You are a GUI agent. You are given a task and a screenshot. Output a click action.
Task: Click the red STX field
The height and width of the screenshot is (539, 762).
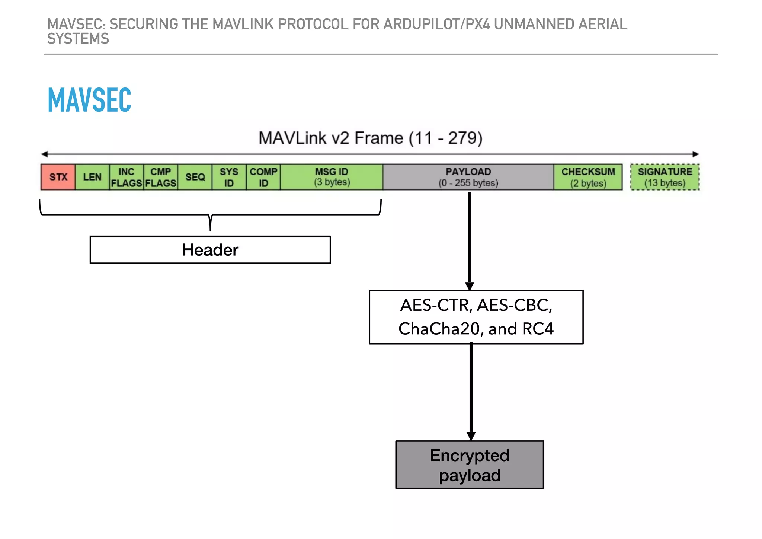[58, 177]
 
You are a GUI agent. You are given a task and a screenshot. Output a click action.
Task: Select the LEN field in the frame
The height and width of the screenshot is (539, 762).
[92, 177]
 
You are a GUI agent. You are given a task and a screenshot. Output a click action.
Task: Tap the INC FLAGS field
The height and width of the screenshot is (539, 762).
[127, 177]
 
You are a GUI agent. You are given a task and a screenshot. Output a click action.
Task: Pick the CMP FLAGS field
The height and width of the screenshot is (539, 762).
[161, 177]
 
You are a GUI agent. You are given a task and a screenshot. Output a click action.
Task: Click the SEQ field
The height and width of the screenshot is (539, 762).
[195, 177]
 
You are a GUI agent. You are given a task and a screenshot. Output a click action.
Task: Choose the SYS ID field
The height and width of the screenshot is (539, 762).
[229, 177]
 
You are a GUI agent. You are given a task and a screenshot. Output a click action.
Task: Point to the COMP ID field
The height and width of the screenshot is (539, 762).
[263, 177]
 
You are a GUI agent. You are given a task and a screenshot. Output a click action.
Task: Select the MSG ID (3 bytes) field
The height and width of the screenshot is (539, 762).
[332, 177]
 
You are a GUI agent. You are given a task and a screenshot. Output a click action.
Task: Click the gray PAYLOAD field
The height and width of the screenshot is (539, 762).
[468, 177]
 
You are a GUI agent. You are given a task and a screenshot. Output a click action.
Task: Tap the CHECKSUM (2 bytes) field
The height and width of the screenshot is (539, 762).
[588, 177]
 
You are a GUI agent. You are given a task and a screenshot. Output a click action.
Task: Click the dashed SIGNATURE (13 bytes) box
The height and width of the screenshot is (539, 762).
[665, 177]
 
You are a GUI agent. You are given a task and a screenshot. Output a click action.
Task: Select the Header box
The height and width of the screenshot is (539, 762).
[210, 250]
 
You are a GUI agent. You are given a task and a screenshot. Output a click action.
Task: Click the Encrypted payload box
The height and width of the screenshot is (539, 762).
[470, 465]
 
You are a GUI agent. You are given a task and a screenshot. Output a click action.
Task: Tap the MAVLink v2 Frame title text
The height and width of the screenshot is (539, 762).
[370, 138]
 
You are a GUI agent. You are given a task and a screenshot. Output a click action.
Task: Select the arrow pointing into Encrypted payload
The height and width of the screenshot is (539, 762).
[471, 391]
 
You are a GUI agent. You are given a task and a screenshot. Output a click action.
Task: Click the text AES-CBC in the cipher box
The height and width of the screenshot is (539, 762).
[514, 305]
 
